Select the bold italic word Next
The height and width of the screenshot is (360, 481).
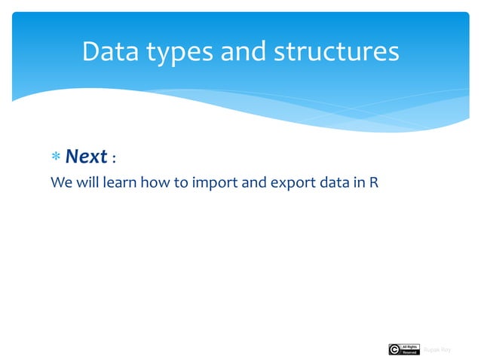coord(86,157)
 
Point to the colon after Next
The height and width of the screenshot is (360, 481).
coord(114,160)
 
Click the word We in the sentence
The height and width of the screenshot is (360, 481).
coord(60,183)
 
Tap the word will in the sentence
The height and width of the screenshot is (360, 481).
coord(84,183)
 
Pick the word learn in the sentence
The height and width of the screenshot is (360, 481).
coord(116,183)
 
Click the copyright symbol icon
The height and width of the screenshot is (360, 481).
coord(394,349)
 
